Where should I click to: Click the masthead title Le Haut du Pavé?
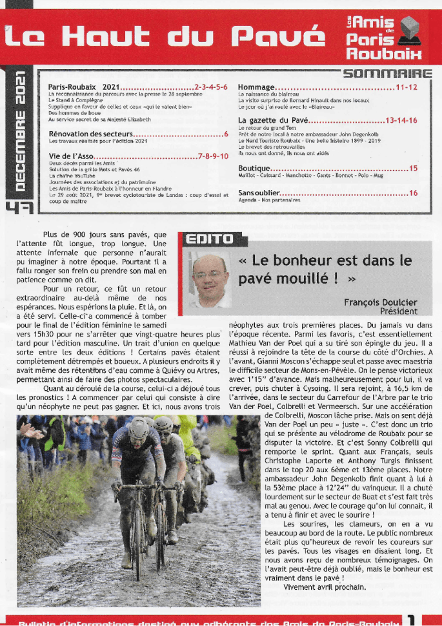coord(163,37)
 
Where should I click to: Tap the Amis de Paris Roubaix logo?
coord(383,37)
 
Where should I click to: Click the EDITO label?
coord(208,240)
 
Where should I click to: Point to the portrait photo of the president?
coord(210,280)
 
